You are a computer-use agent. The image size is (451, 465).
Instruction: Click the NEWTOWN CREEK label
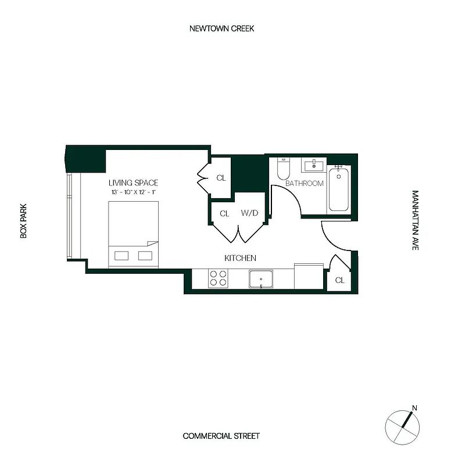click(221, 28)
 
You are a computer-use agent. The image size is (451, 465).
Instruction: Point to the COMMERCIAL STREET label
click(221, 436)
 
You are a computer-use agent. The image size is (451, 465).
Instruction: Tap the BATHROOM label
click(304, 184)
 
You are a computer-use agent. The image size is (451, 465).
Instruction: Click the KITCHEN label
click(240, 258)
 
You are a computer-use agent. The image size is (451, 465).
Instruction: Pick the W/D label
click(249, 213)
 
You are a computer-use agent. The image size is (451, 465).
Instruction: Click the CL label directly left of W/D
click(224, 213)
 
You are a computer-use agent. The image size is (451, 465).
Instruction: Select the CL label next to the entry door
click(340, 280)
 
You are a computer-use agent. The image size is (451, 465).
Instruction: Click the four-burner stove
click(219, 278)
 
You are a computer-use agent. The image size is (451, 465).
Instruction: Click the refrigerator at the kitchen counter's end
click(309, 277)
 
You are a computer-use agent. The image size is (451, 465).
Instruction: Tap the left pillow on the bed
click(122, 255)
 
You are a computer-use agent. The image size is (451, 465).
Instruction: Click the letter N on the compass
click(414, 407)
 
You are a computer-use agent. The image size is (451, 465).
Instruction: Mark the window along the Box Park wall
click(70, 216)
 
